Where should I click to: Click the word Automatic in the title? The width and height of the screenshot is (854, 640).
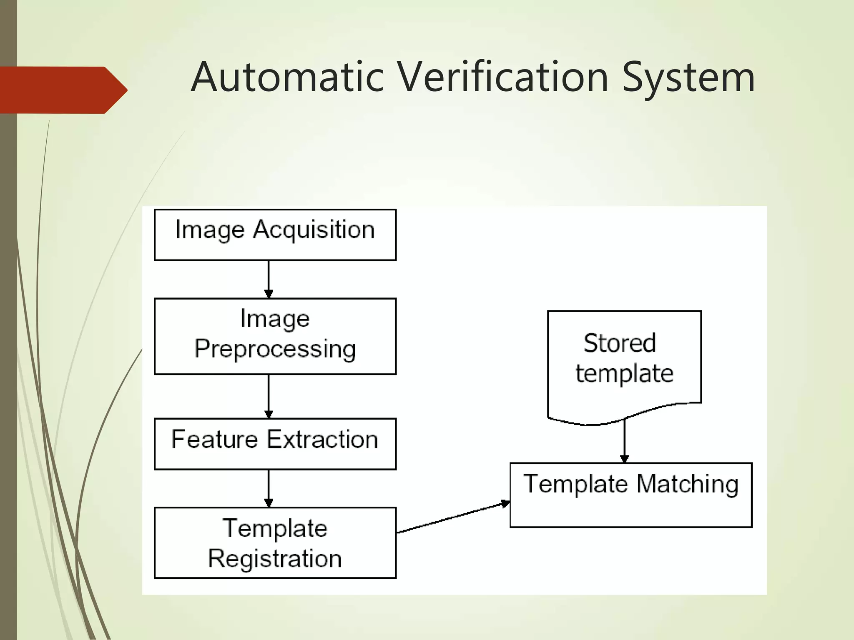point(287,77)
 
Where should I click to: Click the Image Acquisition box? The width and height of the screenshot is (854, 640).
point(275,235)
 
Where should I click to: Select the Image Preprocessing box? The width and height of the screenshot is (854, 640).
point(275,336)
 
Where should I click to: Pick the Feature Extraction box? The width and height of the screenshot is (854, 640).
point(275,444)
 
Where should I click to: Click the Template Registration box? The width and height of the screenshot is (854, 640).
point(275,542)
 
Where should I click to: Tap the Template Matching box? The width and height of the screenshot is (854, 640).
point(630,495)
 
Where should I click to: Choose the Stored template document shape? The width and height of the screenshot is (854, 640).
point(624,362)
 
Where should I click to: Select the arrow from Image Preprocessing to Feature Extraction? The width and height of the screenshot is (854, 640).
point(269,396)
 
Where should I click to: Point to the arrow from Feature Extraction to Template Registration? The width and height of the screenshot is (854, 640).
point(269,487)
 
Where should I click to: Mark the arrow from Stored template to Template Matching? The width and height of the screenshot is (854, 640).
point(624,442)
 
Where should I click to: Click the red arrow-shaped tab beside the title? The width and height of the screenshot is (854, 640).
point(63,90)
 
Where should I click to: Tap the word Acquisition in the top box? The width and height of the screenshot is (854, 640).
point(314,230)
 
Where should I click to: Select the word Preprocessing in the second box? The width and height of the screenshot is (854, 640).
point(275,349)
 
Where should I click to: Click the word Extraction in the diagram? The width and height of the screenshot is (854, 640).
point(322,440)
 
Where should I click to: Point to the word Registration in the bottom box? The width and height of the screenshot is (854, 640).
point(275,559)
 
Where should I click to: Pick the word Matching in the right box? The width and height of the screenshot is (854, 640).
point(687,484)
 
